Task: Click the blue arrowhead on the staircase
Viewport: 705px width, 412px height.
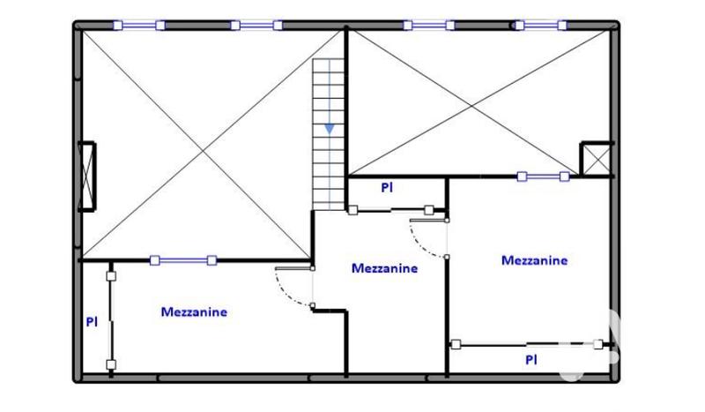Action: point(330,129)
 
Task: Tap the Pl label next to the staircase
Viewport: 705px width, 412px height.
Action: point(386,187)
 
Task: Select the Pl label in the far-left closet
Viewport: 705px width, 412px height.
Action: point(91,323)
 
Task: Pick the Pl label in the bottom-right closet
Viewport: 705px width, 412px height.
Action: point(531,359)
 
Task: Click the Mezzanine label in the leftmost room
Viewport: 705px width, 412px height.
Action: point(194,311)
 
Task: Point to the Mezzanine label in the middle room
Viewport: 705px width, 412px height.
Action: point(384,268)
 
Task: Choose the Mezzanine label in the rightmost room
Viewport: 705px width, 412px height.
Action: point(534,260)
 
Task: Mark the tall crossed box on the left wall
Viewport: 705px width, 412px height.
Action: point(88,176)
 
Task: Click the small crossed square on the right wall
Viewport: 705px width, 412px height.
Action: point(596,160)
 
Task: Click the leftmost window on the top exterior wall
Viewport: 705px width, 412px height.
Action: point(139,26)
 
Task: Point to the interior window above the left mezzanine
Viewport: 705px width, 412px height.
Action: point(183,260)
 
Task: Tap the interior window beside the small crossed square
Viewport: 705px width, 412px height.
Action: point(543,176)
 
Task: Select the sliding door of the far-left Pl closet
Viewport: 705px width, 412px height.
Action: point(111,319)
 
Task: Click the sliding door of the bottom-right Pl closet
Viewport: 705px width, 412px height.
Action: point(527,344)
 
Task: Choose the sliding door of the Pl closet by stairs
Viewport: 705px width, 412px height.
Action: point(390,210)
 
